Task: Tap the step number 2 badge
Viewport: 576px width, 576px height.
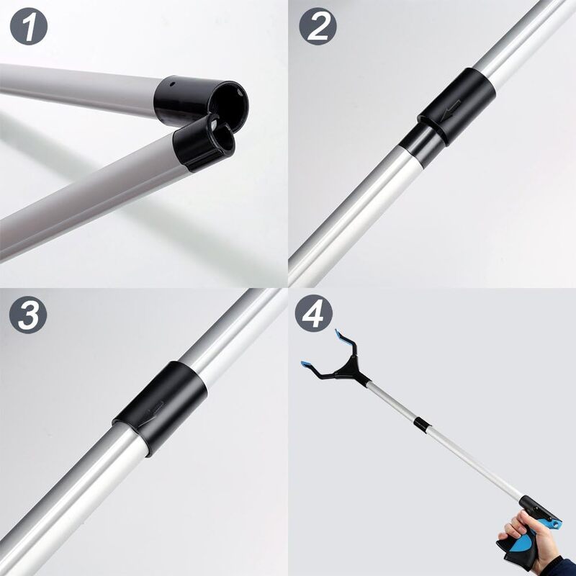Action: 318,28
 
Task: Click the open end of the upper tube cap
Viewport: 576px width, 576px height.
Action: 232,101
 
